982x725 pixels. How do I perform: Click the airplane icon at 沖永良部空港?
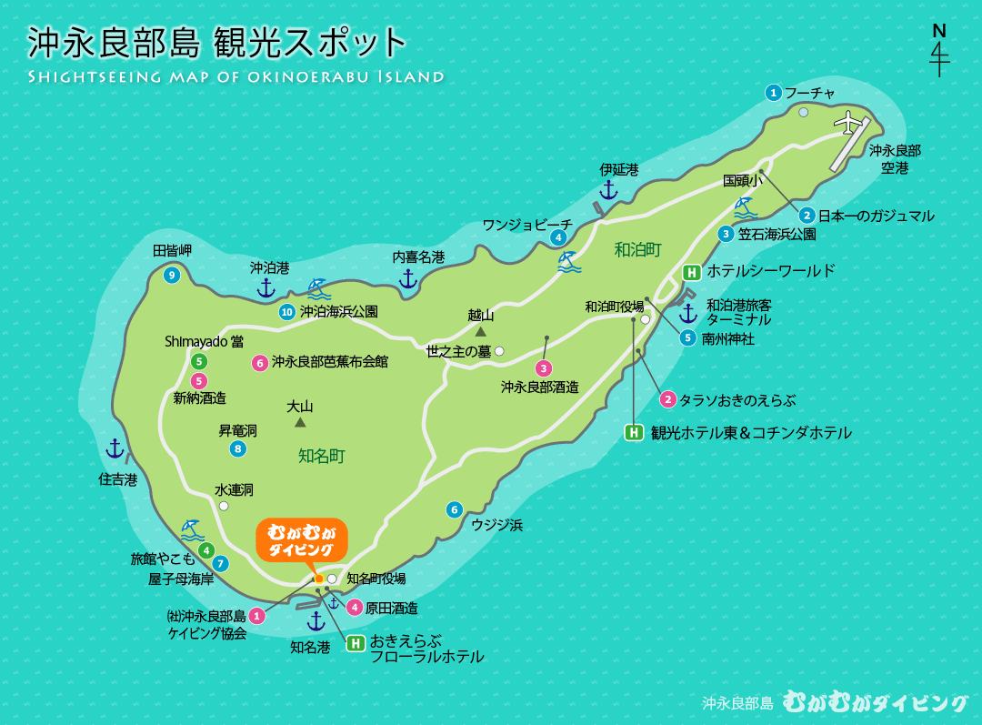click(x=848, y=121)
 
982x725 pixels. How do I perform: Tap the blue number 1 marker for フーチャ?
click(x=774, y=92)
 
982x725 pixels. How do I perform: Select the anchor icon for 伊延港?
click(x=608, y=190)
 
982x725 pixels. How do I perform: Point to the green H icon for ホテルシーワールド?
click(x=692, y=271)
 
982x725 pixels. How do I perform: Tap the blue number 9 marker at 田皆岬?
click(x=171, y=275)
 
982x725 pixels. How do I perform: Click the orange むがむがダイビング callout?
click(x=301, y=540)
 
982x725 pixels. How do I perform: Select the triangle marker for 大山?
click(x=300, y=422)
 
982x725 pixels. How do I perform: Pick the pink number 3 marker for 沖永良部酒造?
click(x=543, y=368)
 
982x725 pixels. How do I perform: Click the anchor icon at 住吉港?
click(x=115, y=448)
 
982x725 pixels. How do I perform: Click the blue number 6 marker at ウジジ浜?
click(x=455, y=509)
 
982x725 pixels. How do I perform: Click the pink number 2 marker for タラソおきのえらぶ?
click(x=667, y=399)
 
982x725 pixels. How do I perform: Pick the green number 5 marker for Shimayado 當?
click(x=199, y=361)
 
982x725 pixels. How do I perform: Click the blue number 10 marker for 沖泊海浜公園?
click(x=287, y=312)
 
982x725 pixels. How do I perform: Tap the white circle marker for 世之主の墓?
click(x=498, y=350)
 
